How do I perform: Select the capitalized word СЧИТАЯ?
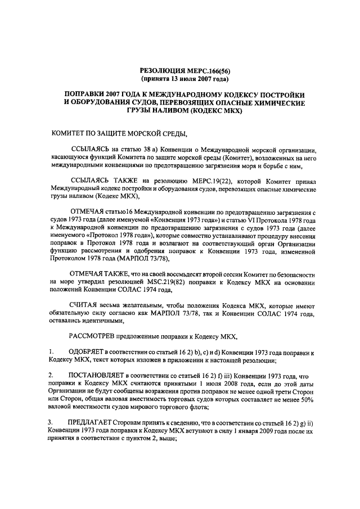(85, 304)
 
